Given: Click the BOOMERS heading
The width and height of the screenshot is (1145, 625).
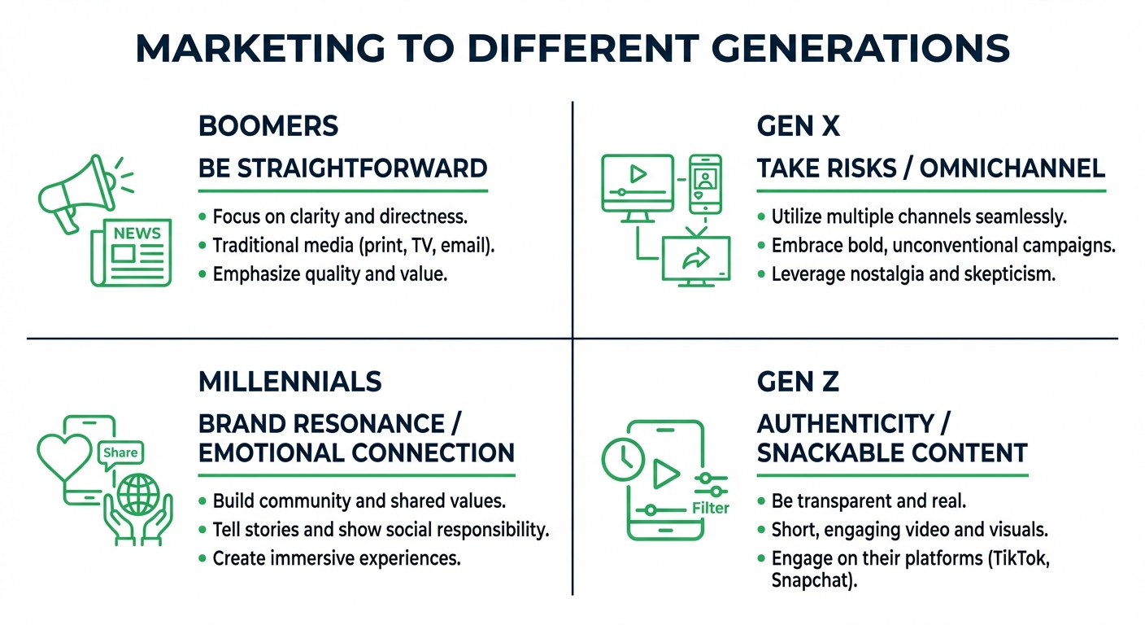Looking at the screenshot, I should coord(268,126).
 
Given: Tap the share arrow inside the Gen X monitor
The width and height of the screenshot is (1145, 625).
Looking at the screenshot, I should coord(696,258).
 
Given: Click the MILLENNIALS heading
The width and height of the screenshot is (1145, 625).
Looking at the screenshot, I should coord(290,381).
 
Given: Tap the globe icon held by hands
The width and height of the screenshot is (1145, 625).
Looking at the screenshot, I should coord(138,495).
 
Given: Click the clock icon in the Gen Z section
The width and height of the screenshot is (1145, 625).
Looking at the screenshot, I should coord(622,458).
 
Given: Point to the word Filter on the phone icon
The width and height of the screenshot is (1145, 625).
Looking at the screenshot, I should coord(710,509).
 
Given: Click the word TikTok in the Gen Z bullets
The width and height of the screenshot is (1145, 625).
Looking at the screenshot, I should coord(1020,559).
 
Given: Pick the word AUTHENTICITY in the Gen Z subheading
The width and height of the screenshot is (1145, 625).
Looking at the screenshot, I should coord(845,423).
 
